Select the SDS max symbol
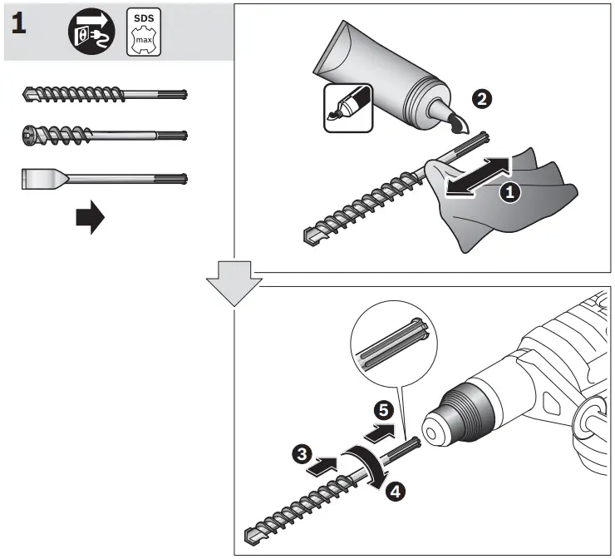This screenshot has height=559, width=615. pyautogui.click(x=143, y=32)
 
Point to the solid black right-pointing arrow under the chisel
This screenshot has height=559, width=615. pyautogui.click(x=90, y=220)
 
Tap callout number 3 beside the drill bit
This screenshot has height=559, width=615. pyautogui.click(x=302, y=453)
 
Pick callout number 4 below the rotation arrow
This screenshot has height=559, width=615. pyautogui.click(x=396, y=492)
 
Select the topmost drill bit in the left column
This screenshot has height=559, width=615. pyautogui.click(x=104, y=94)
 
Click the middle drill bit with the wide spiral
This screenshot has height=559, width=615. pyautogui.click(x=104, y=134)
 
